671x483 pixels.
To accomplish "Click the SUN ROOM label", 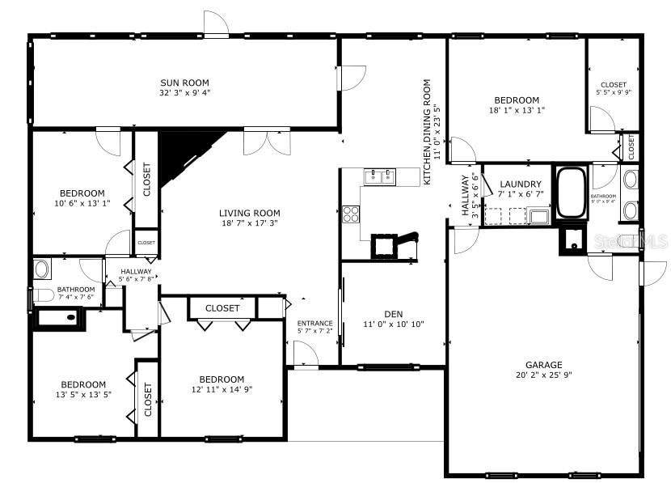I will point(184,83).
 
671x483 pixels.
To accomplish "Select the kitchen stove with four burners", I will point(351,214).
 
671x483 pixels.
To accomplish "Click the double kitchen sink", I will point(379,176).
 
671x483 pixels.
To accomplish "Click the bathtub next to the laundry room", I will point(572,193).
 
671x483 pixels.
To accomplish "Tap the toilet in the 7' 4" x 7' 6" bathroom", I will point(42,294).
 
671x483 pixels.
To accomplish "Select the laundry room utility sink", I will point(538,216).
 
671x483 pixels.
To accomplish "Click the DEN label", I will point(394,314).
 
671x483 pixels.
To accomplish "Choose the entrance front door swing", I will point(305,354).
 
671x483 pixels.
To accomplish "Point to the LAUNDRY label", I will point(520,184).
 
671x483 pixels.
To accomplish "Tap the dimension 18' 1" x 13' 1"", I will point(517,110).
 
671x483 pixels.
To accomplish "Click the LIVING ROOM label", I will point(249,214).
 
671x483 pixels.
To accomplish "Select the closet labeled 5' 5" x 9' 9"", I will point(614,88).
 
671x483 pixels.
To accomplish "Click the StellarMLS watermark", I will point(640,241).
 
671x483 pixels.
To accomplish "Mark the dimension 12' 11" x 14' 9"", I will point(222,390).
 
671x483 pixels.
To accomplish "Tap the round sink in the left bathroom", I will point(42,268).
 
